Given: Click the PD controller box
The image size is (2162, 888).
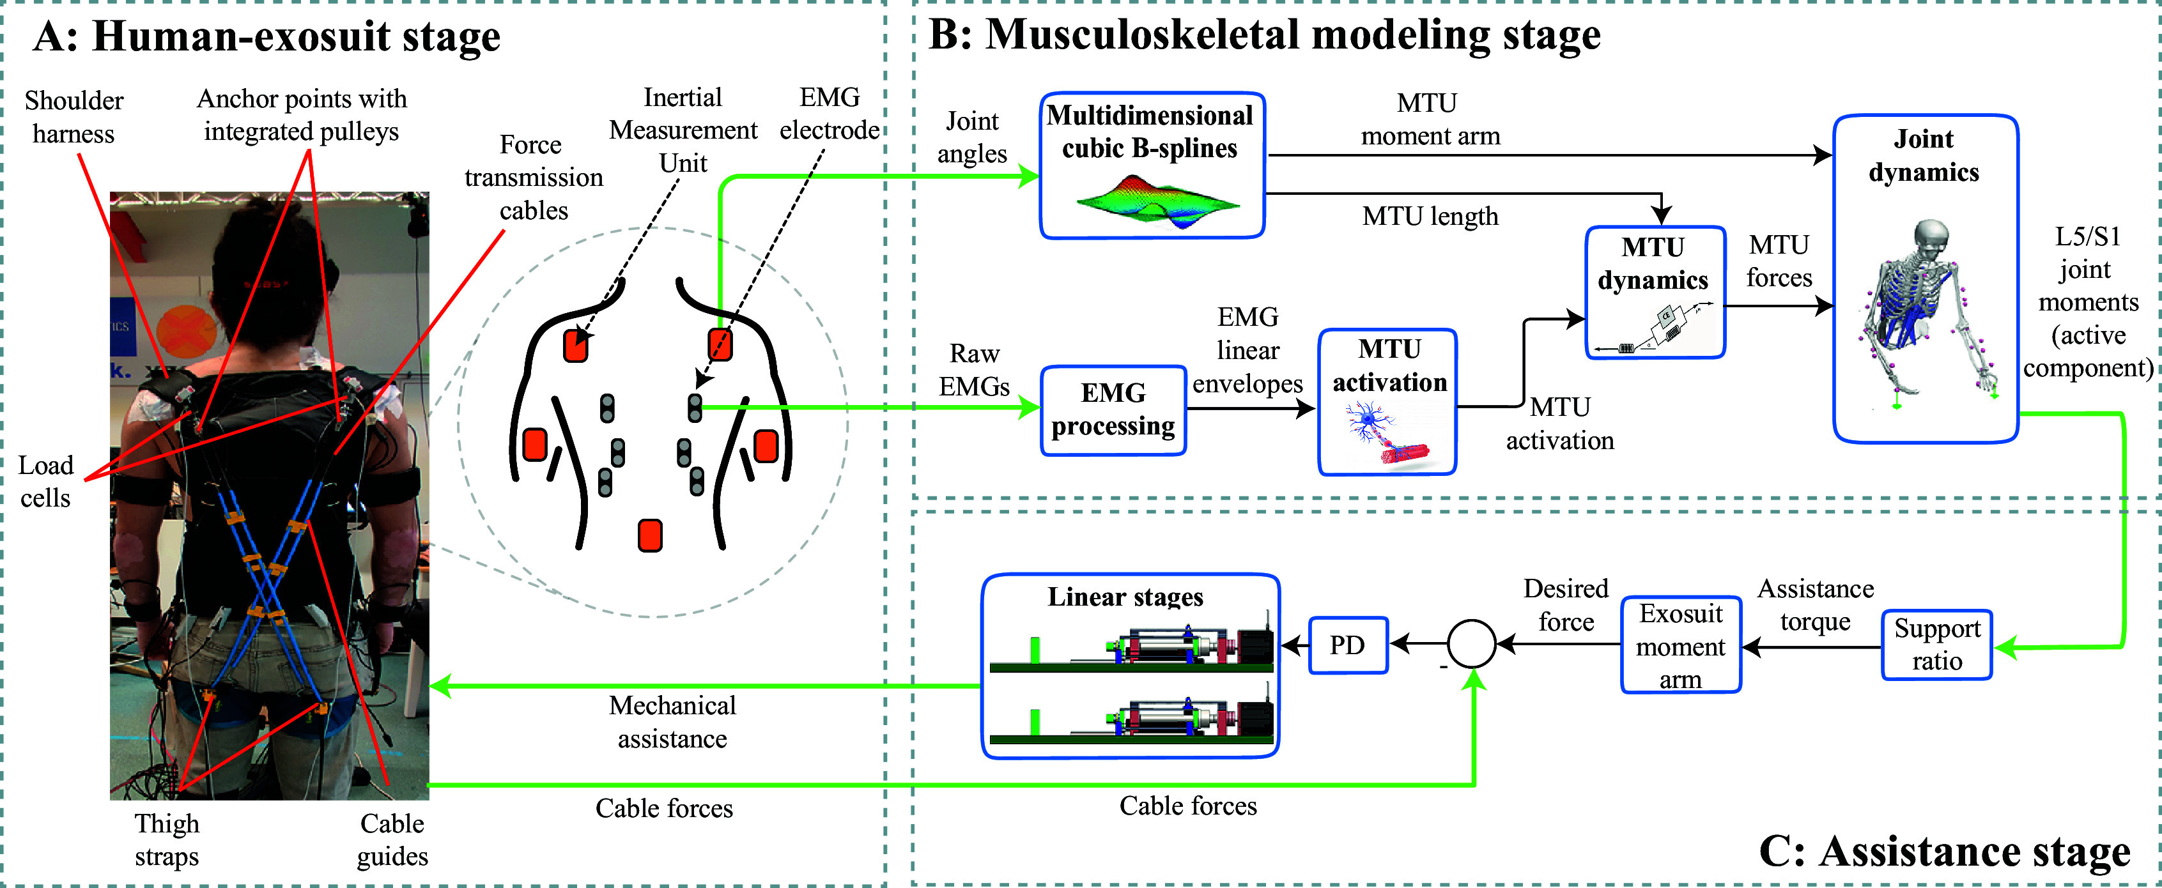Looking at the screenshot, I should (1348, 645).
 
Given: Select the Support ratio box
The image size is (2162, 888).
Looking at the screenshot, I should (1936, 645).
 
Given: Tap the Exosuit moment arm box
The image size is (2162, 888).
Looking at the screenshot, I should (1680, 645).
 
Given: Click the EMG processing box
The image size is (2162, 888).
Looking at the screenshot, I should (1113, 410).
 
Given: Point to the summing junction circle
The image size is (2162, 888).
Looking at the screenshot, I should (1471, 644).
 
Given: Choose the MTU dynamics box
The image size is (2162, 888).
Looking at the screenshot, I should (1654, 292).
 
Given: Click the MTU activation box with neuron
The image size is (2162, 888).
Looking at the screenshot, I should (1388, 401).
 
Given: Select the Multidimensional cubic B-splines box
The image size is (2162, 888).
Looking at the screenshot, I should (1152, 165).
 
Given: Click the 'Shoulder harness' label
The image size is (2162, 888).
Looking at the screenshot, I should (74, 117).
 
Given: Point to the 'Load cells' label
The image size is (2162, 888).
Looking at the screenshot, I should (45, 482).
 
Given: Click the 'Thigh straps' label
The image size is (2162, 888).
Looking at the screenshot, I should (167, 839).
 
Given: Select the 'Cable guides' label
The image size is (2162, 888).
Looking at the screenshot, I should (392, 839).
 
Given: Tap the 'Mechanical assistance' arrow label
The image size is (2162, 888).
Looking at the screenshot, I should (672, 722).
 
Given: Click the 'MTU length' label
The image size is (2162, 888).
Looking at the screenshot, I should (1430, 217).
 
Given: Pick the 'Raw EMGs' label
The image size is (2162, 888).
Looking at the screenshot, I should (973, 370).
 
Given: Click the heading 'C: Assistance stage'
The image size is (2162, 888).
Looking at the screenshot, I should (1944, 851).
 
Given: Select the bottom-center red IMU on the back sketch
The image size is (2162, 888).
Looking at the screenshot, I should (651, 535).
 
